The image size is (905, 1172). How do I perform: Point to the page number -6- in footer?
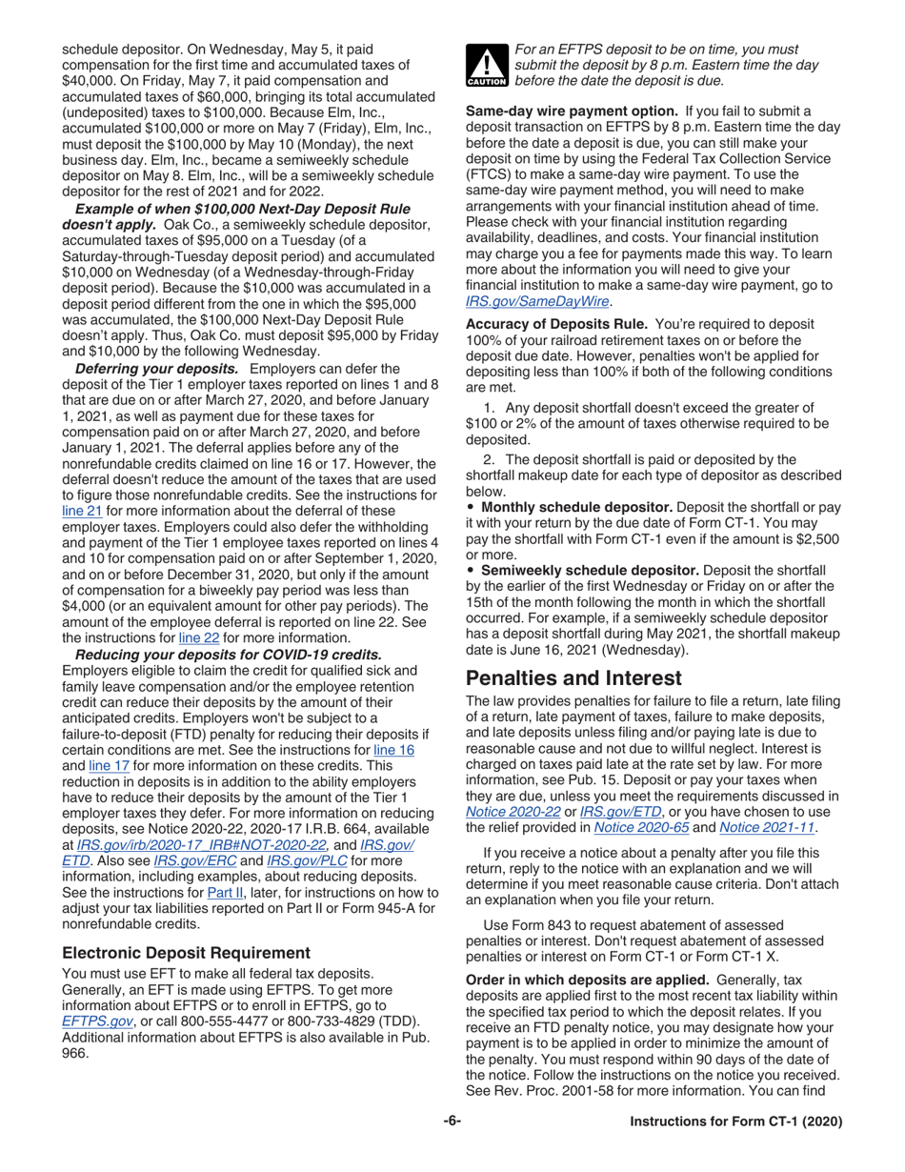[x=452, y=1122]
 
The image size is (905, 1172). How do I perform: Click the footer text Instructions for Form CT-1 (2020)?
[x=737, y=1122]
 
